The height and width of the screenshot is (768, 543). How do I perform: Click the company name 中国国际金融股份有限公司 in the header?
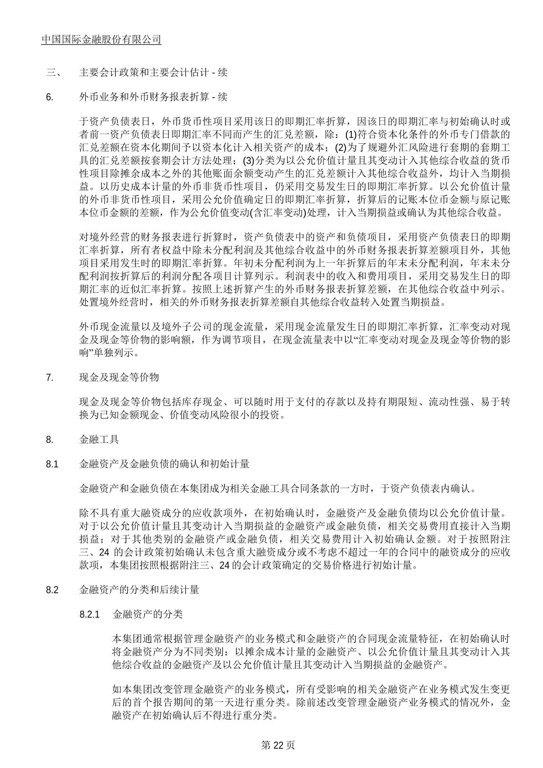101,40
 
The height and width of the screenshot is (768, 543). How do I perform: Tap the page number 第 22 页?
277,745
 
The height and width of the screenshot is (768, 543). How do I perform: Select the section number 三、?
51,73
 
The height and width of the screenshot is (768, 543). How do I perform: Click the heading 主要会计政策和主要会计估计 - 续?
153,73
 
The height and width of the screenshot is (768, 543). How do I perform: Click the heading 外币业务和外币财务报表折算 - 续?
153,97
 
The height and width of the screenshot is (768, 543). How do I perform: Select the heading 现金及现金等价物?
119,378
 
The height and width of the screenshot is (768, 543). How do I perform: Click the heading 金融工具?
99,440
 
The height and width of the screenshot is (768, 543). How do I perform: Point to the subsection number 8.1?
52,465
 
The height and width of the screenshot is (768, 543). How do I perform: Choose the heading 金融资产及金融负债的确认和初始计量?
164,465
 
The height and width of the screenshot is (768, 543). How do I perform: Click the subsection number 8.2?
52,590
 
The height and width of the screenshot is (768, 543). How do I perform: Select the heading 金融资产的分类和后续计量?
139,590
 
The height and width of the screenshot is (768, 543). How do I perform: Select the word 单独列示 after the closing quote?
106,353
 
